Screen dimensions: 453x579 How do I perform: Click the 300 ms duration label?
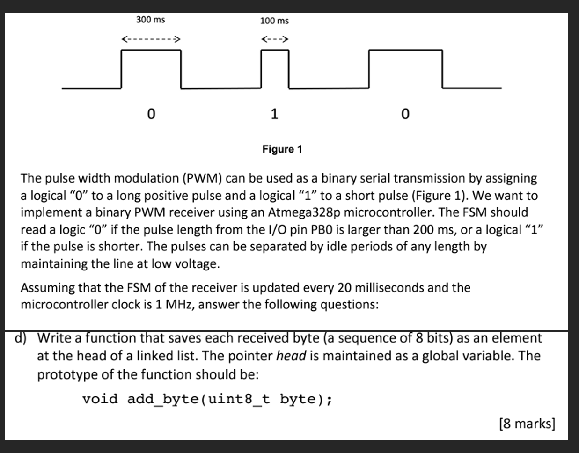pyautogui.click(x=150, y=20)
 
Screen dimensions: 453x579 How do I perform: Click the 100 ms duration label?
pyautogui.click(x=274, y=21)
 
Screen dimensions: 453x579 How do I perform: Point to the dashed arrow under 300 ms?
pyautogui.click(x=151, y=39)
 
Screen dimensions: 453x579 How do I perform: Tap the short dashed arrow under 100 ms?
pyautogui.click(x=275, y=39)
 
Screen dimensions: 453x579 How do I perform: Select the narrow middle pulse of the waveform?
pyautogui.click(x=275, y=68)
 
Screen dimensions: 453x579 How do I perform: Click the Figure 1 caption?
pyautogui.click(x=282, y=149)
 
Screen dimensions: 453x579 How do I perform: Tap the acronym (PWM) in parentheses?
pyautogui.click(x=204, y=178)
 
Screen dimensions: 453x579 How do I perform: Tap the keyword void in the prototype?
pyautogui.click(x=100, y=399)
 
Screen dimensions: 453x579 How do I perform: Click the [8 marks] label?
pyautogui.click(x=527, y=424)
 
